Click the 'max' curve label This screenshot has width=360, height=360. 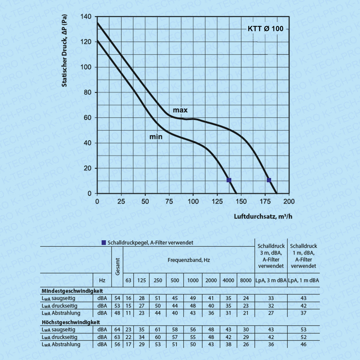pyautogui.click(x=180, y=110)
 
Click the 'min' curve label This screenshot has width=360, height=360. pyautogui.click(x=156, y=136)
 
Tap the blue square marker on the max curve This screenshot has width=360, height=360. pyautogui.click(x=269, y=180)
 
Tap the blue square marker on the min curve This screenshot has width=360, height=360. pyautogui.click(x=229, y=180)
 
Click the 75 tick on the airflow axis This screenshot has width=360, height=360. pyautogui.click(x=169, y=201)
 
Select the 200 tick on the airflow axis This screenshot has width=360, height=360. pyautogui.click(x=289, y=201)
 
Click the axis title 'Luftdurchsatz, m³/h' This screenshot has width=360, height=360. pyautogui.click(x=263, y=216)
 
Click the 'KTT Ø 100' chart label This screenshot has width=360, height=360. pyautogui.click(x=265, y=29)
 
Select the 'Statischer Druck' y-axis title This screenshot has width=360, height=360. pyautogui.click(x=65, y=51)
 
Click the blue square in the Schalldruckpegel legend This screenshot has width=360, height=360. pyautogui.click(x=104, y=243)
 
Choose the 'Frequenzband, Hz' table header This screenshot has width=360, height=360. pyautogui.click(x=189, y=260)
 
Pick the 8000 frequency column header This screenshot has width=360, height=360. pyautogui.click(x=246, y=280)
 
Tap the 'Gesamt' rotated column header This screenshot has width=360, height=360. pyautogui.click(x=118, y=266)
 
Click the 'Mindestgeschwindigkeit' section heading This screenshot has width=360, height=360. pyautogui.click(x=72, y=291)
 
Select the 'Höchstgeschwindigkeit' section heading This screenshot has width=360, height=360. pyautogui.click(x=71, y=322)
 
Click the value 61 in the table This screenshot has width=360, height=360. pyautogui.click(x=158, y=329)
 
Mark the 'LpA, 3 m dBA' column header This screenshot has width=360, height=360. pyautogui.click(x=271, y=280)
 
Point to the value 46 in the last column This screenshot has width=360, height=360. pyautogui.click(x=303, y=345)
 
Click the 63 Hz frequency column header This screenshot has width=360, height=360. pyautogui.click(x=128, y=280)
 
